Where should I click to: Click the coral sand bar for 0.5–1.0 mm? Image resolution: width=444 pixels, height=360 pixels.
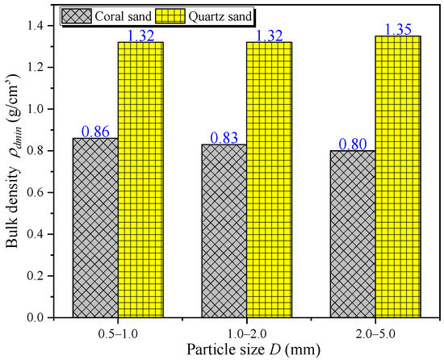click(95, 228)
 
